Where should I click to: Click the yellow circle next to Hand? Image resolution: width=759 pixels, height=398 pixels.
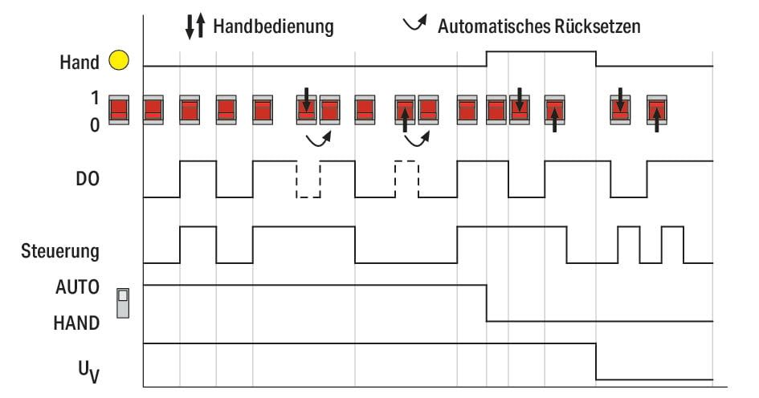pos(118,60)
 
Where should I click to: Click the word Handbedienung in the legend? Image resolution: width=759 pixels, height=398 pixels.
pos(273,26)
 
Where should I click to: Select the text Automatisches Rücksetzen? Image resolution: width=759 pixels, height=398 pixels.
pos(539,26)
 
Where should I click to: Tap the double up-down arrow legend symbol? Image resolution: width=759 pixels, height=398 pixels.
pos(195,26)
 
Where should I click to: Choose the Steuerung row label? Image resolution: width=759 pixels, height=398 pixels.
pos(61,251)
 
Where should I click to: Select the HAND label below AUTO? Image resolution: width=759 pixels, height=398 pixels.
pos(77,323)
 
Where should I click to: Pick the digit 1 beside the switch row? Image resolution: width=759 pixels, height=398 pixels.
pos(95,98)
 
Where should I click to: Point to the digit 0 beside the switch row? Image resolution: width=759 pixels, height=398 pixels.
pos(95,125)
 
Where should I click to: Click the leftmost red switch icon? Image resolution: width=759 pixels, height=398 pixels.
pos(119,110)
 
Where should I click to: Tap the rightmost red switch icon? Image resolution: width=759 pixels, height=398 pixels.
pos(657,110)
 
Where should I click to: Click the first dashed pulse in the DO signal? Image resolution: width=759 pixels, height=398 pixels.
pos(308,179)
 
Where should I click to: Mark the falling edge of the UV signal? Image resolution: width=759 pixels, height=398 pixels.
pos(596,361)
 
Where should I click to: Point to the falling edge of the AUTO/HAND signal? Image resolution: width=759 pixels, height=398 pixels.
pos(487,303)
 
